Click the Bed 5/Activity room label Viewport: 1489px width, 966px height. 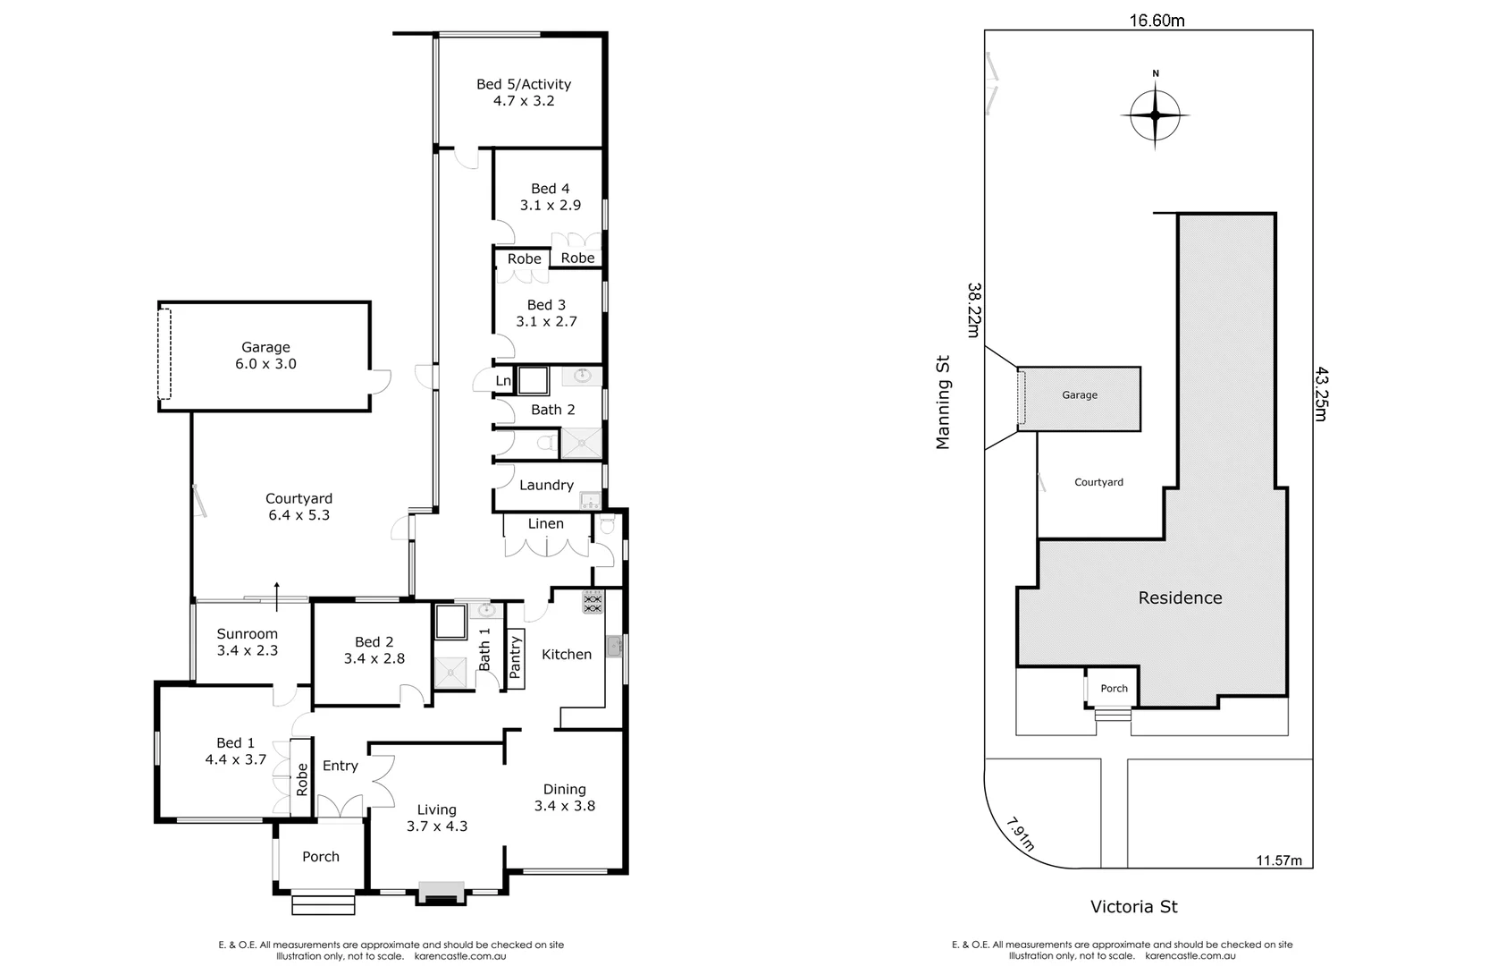click(523, 84)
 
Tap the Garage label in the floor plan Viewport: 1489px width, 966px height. click(265, 347)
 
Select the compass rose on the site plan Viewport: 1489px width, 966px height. click(1155, 115)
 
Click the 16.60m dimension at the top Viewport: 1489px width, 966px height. click(1156, 21)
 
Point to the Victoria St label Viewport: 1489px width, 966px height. click(1133, 907)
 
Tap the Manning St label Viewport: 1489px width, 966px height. click(942, 402)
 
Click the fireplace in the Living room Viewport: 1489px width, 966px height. click(441, 892)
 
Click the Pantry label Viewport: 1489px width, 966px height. click(515, 657)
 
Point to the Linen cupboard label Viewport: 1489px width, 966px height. click(545, 523)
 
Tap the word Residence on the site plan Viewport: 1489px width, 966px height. click(1180, 597)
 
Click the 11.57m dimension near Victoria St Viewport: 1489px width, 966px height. click(1279, 860)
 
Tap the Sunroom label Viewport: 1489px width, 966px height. click(247, 633)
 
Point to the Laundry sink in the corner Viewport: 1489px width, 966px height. click(589, 499)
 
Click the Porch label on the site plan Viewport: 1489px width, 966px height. click(1114, 688)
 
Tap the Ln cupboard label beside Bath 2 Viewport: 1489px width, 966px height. click(503, 381)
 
